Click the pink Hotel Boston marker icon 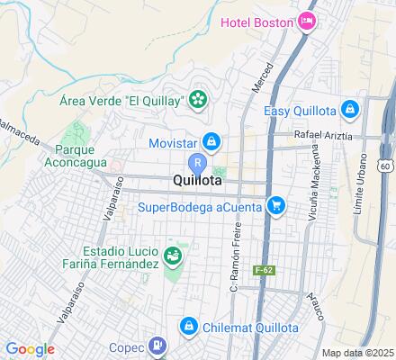pyautogui.click(x=308, y=20)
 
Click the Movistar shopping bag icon pyautogui.click(x=211, y=141)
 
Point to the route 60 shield pyautogui.click(x=386, y=166)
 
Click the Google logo pyautogui.click(x=30, y=349)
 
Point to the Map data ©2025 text pyautogui.click(x=358, y=353)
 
